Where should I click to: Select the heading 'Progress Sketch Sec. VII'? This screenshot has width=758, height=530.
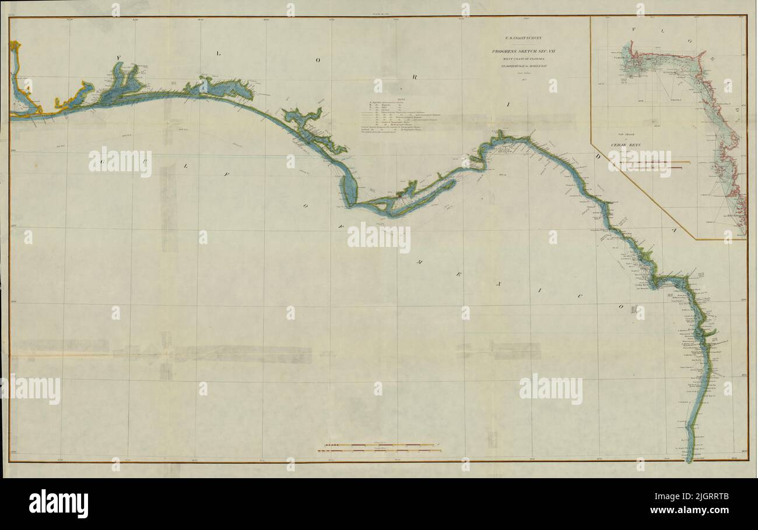(x=522, y=52)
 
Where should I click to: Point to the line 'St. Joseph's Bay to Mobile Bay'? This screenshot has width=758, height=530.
(x=522, y=66)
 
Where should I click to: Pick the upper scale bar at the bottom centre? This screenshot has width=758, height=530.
(x=379, y=446)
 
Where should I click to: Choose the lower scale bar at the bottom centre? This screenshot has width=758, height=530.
(x=379, y=451)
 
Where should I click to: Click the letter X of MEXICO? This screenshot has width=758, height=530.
(x=499, y=284)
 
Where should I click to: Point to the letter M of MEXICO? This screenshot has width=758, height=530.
(x=419, y=263)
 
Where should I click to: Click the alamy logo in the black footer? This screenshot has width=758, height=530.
(x=58, y=504)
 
